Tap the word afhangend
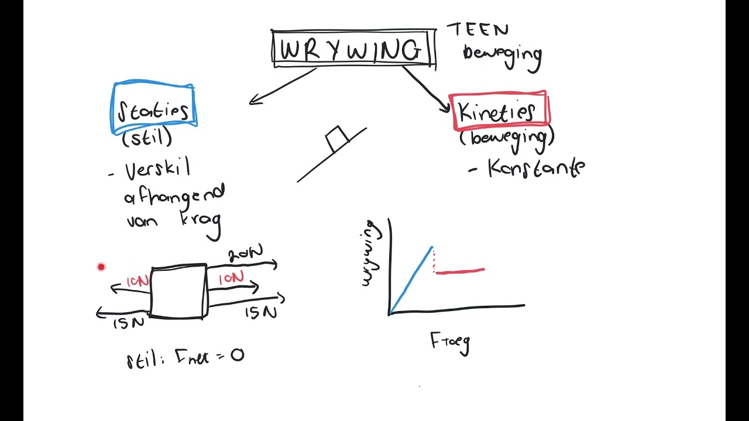point(174,194)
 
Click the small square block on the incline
point(337,139)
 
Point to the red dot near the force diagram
point(101,267)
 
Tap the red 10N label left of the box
point(138,281)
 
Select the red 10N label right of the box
point(231,278)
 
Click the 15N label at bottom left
point(128,322)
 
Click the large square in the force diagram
point(178,292)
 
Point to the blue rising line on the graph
point(411,279)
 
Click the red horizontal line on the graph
point(460,271)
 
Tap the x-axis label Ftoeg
point(450,341)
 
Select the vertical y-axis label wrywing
point(369,253)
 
